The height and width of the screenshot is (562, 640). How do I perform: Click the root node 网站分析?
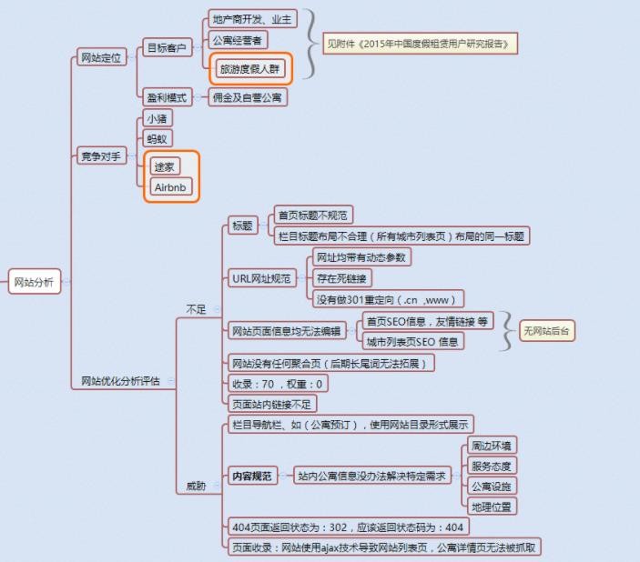click(x=35, y=281)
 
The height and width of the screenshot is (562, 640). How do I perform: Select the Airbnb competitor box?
click(x=170, y=187)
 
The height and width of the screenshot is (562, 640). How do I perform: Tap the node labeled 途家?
click(x=165, y=166)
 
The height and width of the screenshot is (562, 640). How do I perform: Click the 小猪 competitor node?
click(x=157, y=118)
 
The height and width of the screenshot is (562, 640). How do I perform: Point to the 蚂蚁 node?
click(x=157, y=139)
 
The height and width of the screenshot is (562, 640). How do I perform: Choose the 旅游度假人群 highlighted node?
click(x=250, y=68)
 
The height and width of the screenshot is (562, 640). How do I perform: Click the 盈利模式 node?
click(x=167, y=97)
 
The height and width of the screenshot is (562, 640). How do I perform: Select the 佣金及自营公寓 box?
click(x=248, y=97)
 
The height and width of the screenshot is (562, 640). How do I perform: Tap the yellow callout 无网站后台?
click(x=546, y=331)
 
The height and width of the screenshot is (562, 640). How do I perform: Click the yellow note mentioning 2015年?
click(x=420, y=44)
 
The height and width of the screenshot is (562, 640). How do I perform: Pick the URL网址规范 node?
click(x=261, y=278)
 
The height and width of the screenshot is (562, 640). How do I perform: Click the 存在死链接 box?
click(x=342, y=278)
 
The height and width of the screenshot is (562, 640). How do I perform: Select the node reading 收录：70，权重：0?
click(x=278, y=384)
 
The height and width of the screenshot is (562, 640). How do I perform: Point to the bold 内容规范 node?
click(x=252, y=476)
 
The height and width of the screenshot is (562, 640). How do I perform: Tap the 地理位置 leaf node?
click(x=492, y=507)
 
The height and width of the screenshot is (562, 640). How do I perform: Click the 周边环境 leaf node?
click(x=492, y=446)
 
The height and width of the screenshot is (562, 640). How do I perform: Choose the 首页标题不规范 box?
click(x=313, y=215)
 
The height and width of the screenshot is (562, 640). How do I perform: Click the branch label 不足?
click(x=197, y=309)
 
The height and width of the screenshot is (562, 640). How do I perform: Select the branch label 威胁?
click(x=197, y=486)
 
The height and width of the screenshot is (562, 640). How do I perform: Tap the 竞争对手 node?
click(x=101, y=156)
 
